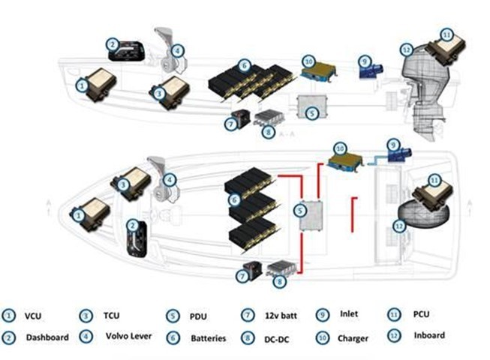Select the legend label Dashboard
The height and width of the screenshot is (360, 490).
[x=48, y=337]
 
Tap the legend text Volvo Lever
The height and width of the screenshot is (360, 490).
[x=130, y=336]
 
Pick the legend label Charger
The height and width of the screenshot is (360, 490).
[x=353, y=338]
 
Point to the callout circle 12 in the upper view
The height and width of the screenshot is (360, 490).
[x=406, y=50]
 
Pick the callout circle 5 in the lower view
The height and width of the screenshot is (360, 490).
[x=300, y=212]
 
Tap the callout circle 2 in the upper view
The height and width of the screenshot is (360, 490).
[x=113, y=44]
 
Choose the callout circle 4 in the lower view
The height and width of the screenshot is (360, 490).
[x=170, y=180]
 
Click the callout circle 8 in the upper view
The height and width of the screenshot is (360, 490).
[x=267, y=133]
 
